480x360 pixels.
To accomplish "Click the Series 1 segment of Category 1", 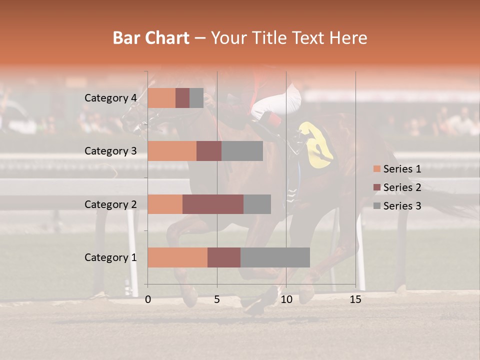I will pyautogui.click(x=177, y=257).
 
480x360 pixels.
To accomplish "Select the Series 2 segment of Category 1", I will pyautogui.click(x=224, y=257).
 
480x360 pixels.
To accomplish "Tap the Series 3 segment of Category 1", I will pyautogui.click(x=275, y=257).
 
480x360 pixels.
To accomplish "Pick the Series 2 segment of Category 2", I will pyautogui.click(x=213, y=204).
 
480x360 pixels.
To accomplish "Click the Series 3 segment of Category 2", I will pyautogui.click(x=257, y=204).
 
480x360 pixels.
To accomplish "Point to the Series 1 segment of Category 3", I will pyautogui.click(x=172, y=151).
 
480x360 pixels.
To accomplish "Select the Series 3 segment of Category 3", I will pyautogui.click(x=242, y=151).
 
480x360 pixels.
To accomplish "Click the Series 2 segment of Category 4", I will pyautogui.click(x=182, y=98).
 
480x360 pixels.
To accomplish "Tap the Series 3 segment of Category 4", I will pyautogui.click(x=196, y=98).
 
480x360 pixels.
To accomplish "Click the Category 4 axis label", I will pyautogui.click(x=110, y=98).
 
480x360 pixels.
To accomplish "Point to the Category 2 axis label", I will pyautogui.click(x=110, y=204).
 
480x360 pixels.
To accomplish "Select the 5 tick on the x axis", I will pyautogui.click(x=217, y=299).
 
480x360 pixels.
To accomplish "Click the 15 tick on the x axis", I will pyautogui.click(x=355, y=299).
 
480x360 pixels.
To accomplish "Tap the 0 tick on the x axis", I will pyautogui.click(x=148, y=299).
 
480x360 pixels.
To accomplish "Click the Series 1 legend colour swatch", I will pyautogui.click(x=376, y=169).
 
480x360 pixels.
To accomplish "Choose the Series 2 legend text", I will pyautogui.click(x=402, y=187).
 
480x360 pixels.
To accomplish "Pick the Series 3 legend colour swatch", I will pyautogui.click(x=376, y=206).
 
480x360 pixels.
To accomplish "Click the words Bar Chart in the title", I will pyautogui.click(x=151, y=37).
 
